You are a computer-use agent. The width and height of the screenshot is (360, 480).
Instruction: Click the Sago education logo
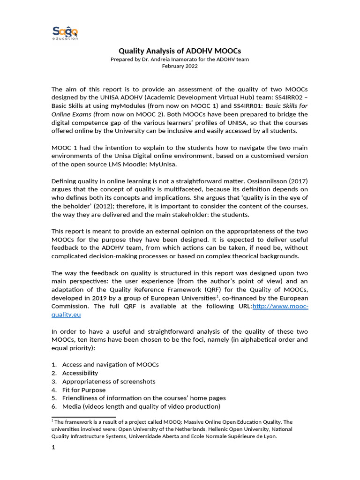pos(65,33)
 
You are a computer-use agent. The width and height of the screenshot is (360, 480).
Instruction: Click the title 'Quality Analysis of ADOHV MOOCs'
pos(180,51)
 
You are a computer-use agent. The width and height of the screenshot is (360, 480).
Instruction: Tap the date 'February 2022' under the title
pos(180,66)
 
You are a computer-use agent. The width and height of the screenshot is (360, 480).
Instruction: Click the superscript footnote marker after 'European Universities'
pos(217,296)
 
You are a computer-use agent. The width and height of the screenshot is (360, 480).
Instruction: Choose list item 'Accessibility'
pos(80,373)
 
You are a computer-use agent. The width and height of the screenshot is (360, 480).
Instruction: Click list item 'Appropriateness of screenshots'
pos(108,382)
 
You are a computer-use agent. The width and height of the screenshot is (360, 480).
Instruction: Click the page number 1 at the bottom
pos(53,448)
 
